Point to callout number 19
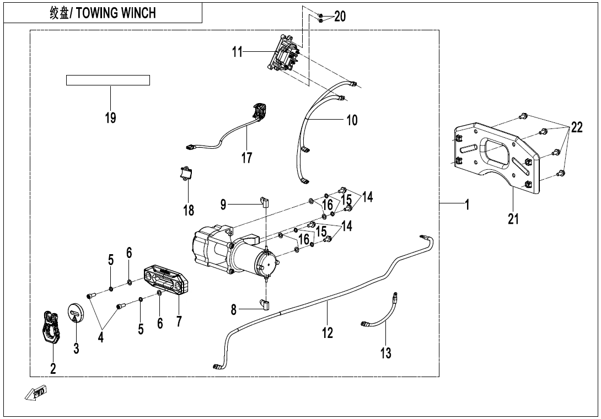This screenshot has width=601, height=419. click(110, 117)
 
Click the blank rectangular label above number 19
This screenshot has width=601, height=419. click(108, 80)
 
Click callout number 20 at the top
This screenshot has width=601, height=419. click(340, 17)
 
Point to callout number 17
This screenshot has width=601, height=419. click(246, 158)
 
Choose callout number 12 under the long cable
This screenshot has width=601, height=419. click(328, 332)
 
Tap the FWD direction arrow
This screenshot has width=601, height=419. click(36, 393)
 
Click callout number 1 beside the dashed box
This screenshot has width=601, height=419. click(467, 205)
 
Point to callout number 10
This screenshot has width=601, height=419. click(352, 120)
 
